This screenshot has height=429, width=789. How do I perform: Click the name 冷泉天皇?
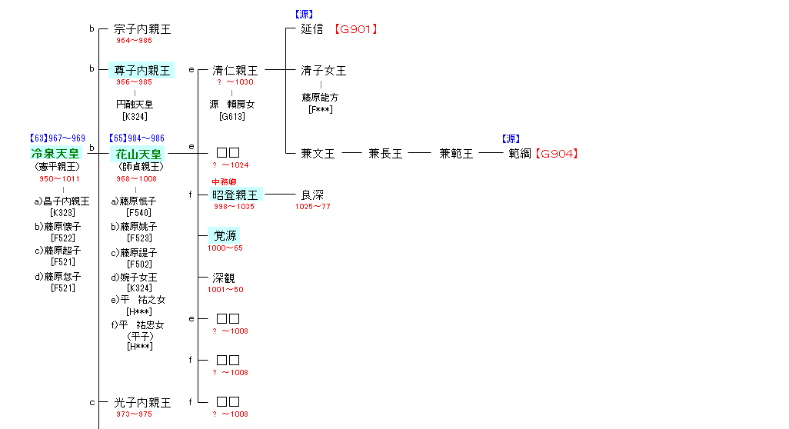(55, 154)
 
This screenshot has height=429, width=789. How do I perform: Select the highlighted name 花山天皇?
(138, 154)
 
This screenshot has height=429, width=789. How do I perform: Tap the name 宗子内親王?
(142, 29)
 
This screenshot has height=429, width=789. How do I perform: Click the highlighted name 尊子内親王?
(142, 70)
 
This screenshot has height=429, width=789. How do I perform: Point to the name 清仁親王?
(235, 71)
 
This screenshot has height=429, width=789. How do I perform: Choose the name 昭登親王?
(235, 195)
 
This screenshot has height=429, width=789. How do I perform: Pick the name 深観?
(224, 278)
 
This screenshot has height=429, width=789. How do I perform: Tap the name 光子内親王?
(142, 402)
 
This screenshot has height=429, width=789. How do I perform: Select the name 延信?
(312, 29)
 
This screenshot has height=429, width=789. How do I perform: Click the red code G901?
(356, 29)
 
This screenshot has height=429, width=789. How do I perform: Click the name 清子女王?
(324, 71)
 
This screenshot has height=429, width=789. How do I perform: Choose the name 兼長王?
(385, 154)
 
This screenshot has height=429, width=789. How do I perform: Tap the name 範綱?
(520, 154)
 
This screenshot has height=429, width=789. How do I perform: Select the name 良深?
(312, 195)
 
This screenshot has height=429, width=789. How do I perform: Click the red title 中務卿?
(224, 182)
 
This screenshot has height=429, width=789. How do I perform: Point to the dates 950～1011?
(59, 179)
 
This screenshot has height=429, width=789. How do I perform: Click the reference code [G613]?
(231, 117)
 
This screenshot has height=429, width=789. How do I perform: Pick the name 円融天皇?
(135, 104)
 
